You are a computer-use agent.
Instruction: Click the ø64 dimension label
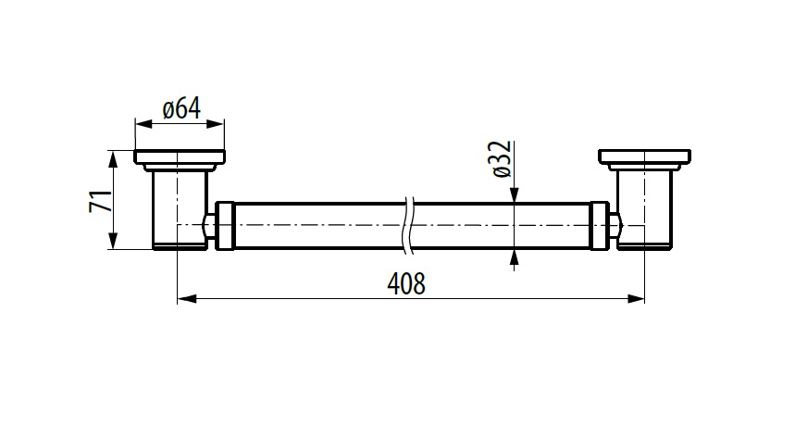pos(181,109)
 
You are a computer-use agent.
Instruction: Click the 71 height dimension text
pos(100,200)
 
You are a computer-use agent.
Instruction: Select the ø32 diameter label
pos(501,158)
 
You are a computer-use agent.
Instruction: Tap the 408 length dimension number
pos(406,283)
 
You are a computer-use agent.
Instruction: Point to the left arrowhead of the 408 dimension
pos(186,299)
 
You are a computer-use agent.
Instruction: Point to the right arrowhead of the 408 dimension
pos(635,299)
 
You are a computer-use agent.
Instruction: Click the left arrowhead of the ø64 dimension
pos(144,124)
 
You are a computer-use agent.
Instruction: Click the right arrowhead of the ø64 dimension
pos(215,124)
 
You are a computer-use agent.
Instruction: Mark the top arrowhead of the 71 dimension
pos(113,159)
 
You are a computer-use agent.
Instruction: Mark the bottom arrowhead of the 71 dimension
pos(113,240)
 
